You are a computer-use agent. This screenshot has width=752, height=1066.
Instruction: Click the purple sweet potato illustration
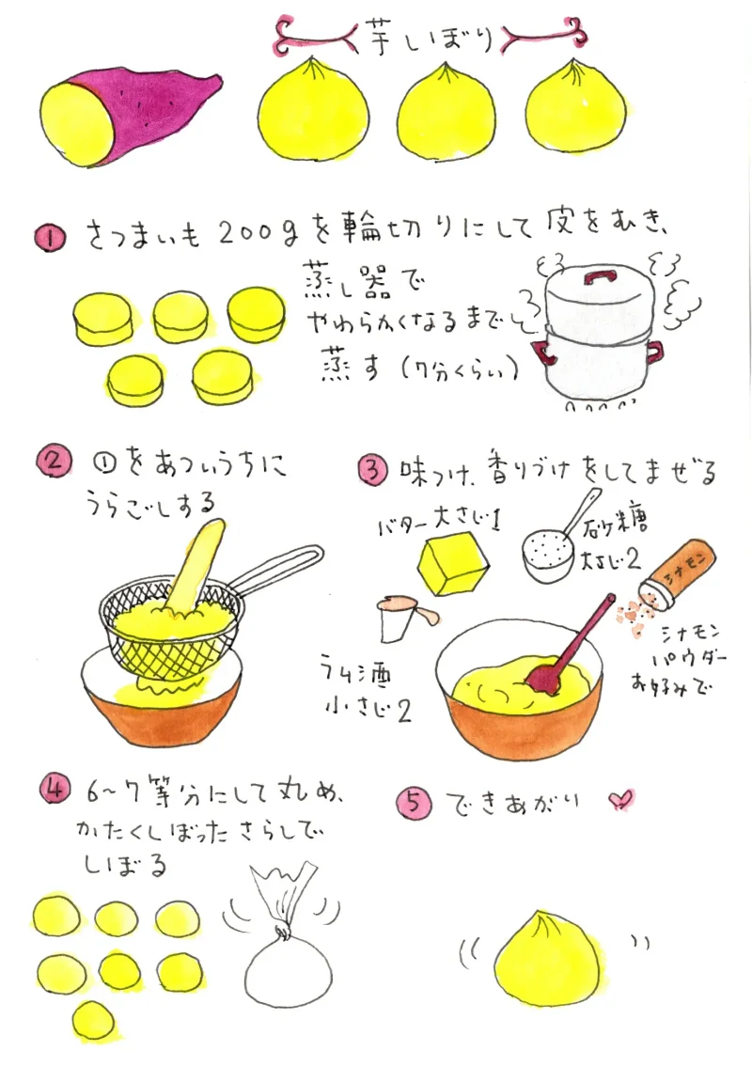click(x=129, y=119)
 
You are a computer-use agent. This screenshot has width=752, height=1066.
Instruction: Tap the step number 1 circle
click(x=51, y=240)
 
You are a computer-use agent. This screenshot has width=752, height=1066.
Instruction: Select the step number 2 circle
click(x=54, y=461)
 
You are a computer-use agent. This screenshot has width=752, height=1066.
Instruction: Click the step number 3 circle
click(x=373, y=470)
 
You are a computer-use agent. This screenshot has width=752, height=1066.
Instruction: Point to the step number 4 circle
click(x=55, y=790)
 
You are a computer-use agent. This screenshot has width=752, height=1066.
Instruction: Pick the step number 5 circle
click(x=415, y=805)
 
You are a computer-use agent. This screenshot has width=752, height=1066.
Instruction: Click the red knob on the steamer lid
click(x=599, y=276)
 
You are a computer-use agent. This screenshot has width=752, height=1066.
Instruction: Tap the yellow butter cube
click(x=453, y=564)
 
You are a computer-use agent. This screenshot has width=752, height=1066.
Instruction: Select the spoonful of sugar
click(x=547, y=556)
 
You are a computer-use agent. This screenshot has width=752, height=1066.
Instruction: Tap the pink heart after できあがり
click(x=620, y=800)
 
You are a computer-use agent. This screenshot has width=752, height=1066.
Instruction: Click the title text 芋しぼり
click(x=428, y=37)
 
